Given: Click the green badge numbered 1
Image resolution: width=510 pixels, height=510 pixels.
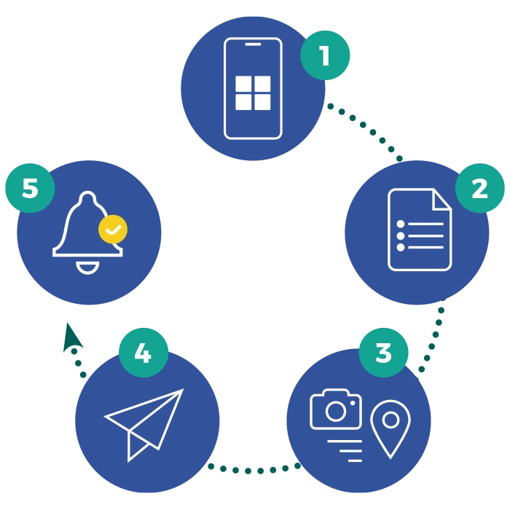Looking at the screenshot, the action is point(325,55).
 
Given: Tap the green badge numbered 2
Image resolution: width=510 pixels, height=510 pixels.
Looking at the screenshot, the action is point(479,188).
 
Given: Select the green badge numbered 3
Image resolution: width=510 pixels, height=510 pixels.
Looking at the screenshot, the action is point(383,353).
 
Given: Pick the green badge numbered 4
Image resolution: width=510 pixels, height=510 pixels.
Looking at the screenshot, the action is point(144,353).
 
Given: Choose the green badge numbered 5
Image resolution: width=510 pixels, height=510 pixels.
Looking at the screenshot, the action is point(30,188).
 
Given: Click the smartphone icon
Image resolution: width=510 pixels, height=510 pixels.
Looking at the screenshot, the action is point(253,88).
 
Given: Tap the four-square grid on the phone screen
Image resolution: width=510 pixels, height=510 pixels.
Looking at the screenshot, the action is point(253,93).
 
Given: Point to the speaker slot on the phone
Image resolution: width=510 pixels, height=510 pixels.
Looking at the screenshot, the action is point(253,44).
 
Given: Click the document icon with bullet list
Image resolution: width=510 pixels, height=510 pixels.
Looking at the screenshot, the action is point(420,229).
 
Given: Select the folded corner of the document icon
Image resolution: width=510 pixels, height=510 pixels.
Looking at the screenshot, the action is point(442,200).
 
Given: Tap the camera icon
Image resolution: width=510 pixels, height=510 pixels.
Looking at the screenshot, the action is point(336,409).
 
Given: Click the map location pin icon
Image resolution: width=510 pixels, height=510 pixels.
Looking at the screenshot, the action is point(391,428).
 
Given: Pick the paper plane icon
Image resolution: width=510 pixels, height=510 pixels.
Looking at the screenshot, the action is point(144,425).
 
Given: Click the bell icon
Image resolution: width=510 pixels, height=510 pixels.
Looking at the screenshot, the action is point(88,232).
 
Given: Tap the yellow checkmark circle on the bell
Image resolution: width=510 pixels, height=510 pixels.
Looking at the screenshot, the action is point(113,229).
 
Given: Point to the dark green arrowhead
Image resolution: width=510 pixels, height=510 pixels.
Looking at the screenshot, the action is point(71,337).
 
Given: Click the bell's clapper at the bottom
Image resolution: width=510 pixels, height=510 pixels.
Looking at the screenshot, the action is point(87,269).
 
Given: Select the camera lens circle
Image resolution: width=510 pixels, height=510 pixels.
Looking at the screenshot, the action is point(336,411).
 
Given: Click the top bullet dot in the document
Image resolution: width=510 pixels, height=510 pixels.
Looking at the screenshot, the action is point(401,224).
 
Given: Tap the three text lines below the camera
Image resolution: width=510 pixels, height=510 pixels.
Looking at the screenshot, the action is point(345,451).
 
